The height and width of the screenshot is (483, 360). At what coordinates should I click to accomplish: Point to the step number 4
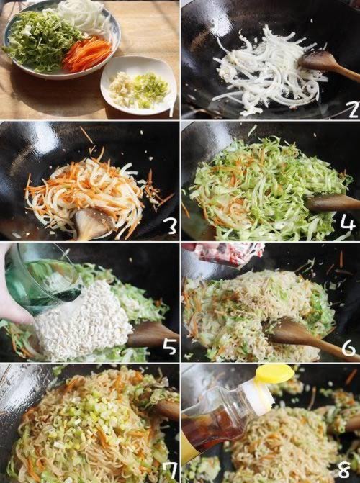pos(348,223)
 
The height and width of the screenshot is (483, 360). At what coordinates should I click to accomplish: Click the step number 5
pos(169,346)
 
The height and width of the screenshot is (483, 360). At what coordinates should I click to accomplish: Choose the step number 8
pos(343,469)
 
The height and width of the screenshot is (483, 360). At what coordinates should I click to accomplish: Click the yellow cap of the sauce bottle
pos(274,374)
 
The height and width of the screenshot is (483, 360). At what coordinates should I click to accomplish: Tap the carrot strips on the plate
pos(87,55)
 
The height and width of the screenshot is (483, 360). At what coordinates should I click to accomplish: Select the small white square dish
pos(138,85)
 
